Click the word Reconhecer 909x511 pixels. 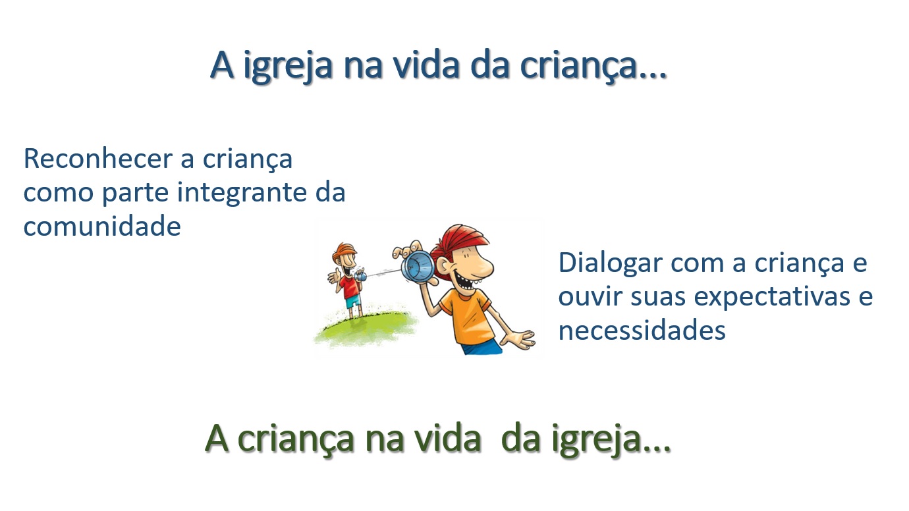(97, 159)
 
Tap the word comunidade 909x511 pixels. (102, 227)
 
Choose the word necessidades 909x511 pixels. (642, 330)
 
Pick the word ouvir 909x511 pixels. (590, 296)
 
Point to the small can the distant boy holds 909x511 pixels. (361, 276)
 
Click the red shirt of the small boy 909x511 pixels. (349, 286)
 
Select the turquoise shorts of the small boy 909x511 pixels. (353, 302)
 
